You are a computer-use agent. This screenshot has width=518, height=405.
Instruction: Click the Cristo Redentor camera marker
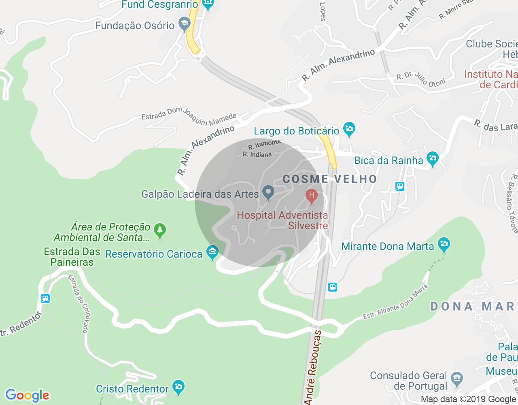click(x=178, y=387)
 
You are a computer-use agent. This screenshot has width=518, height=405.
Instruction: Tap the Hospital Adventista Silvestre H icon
click(x=311, y=196)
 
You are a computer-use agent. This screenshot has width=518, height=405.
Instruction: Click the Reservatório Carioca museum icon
click(x=212, y=253)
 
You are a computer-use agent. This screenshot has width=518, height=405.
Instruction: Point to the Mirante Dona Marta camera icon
click(x=444, y=244)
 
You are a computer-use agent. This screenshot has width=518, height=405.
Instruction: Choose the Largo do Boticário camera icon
click(x=349, y=129)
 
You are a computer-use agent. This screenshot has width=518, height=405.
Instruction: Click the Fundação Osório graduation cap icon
click(x=185, y=24)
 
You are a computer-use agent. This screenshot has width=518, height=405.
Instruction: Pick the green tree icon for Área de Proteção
click(x=160, y=230)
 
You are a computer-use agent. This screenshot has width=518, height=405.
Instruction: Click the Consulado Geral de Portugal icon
click(x=457, y=379)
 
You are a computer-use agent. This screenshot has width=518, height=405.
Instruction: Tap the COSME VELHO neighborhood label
click(x=330, y=179)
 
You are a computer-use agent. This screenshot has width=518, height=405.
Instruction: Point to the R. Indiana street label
click(x=257, y=154)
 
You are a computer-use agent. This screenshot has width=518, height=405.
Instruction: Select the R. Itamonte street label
click(x=265, y=144)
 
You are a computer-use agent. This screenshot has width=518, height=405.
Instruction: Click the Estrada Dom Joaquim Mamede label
click(x=189, y=115)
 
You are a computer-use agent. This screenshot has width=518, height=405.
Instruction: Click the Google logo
click(x=28, y=395)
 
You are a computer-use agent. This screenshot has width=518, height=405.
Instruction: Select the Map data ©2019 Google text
click(x=468, y=399)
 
